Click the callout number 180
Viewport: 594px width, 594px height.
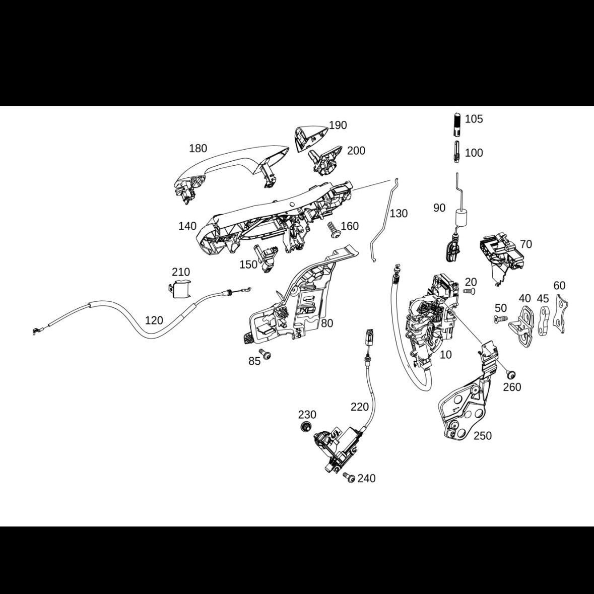click(x=198, y=148)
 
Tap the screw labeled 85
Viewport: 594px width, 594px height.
click(x=263, y=354)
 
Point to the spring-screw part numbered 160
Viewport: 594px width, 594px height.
click(x=334, y=230)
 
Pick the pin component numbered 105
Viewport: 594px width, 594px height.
click(x=456, y=124)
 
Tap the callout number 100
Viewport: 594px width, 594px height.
click(x=474, y=153)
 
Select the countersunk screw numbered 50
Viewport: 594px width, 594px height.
click(x=500, y=319)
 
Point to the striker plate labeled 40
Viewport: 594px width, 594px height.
click(x=523, y=325)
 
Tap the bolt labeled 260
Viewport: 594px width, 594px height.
click(x=510, y=374)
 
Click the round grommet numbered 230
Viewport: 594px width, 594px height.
click(x=304, y=428)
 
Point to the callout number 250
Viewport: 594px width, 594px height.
click(x=483, y=436)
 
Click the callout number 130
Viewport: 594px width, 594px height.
click(x=399, y=214)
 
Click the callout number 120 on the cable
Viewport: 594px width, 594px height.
click(x=154, y=320)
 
